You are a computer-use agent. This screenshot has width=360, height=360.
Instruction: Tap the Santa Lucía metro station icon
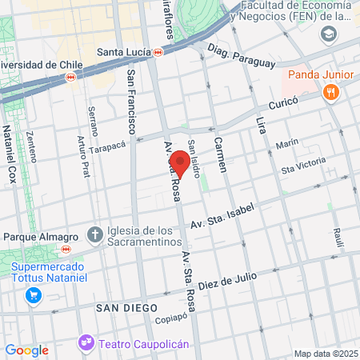(x=159, y=53)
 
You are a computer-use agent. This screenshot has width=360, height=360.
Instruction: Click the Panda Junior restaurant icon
(x=330, y=94)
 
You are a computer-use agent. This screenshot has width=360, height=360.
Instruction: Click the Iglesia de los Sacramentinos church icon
(x=95, y=234)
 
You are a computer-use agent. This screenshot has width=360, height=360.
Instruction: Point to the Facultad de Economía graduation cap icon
(x=328, y=34)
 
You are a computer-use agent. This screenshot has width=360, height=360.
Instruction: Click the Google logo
(x=26, y=350)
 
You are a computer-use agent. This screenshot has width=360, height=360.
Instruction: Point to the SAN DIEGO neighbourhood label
(x=123, y=308)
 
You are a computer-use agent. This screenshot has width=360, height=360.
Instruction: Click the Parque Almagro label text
(x=40, y=237)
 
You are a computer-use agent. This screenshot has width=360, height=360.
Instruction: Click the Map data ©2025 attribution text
(x=326, y=353)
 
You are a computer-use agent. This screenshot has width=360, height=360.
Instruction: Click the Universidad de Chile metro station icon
(x=71, y=78)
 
